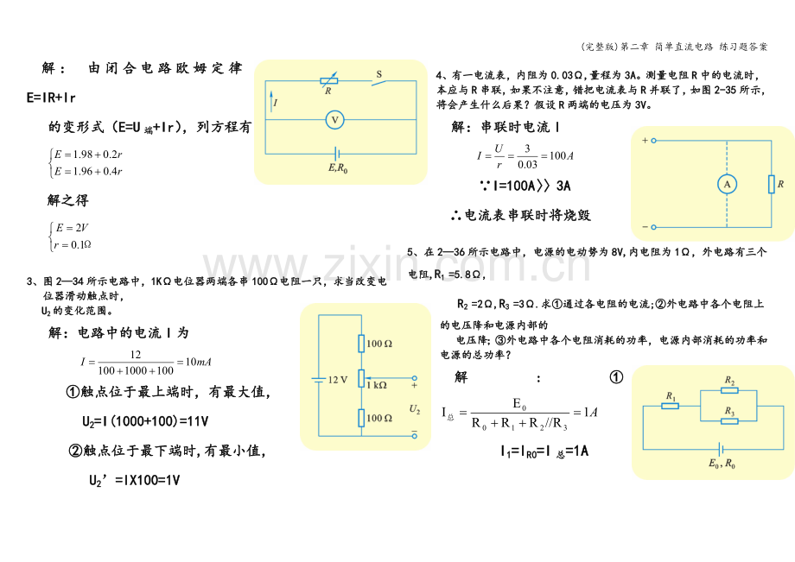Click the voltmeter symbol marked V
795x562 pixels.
[x=334, y=120]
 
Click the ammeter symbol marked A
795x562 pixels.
[x=727, y=184]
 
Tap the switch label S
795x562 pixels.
[x=378, y=74]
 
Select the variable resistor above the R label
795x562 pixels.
[x=328, y=80]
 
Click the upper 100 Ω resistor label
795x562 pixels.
[x=379, y=344]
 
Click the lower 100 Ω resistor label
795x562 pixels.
[x=379, y=418]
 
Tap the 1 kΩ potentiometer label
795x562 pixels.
[x=377, y=385]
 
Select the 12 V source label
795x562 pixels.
[x=338, y=380]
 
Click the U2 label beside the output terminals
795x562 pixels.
[x=415, y=409]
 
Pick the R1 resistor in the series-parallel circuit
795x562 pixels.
[x=670, y=406]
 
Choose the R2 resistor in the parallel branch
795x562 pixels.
[x=729, y=390]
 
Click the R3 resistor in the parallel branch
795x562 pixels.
[x=729, y=420]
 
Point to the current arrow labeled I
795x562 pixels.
[x=271, y=101]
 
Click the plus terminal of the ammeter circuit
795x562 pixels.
[x=653, y=140]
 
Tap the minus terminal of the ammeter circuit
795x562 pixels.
[x=653, y=227]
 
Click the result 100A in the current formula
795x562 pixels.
[x=562, y=156]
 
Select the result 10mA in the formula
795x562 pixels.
[x=198, y=362]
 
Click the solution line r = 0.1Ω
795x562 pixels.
[x=73, y=245]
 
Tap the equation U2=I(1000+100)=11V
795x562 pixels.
[x=145, y=421]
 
